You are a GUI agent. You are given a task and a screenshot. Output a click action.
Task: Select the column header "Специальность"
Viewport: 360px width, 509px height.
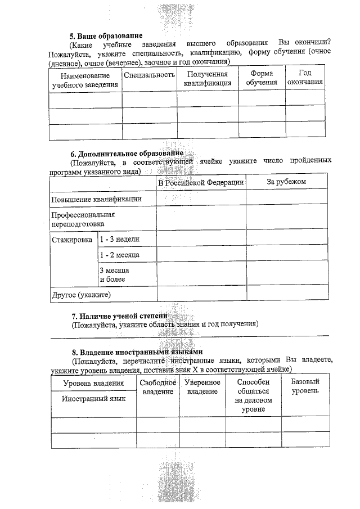click(x=149, y=75)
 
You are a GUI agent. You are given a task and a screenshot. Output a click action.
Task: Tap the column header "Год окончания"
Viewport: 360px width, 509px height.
click(x=305, y=78)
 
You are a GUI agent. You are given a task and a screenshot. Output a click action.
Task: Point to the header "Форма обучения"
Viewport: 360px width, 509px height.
click(x=262, y=78)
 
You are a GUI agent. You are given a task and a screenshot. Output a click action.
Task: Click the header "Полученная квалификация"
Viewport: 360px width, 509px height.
click(x=208, y=79)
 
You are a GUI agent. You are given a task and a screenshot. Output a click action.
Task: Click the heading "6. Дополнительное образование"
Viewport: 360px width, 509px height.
click(x=127, y=154)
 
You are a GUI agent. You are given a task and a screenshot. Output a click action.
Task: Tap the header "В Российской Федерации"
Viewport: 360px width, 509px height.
click(x=201, y=182)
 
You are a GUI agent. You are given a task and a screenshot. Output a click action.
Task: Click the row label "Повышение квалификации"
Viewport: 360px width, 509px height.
click(x=96, y=199)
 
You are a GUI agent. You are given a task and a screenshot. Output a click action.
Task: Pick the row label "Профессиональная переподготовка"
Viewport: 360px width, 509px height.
click(x=83, y=219)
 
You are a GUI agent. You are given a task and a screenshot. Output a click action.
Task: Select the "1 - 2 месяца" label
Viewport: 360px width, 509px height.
click(x=119, y=255)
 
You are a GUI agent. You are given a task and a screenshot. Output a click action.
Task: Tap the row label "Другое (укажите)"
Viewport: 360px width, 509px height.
click(x=81, y=294)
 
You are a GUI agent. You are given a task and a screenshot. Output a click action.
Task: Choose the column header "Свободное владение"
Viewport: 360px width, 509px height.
click(x=157, y=387)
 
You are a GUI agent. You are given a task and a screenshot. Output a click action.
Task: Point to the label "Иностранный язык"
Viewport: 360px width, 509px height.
click(x=93, y=398)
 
